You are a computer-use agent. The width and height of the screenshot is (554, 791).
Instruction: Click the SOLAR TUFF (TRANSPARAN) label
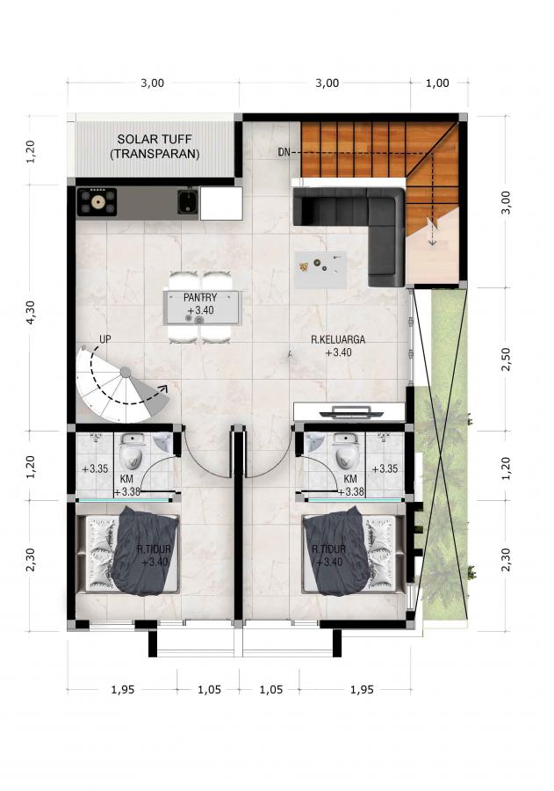point(155,146)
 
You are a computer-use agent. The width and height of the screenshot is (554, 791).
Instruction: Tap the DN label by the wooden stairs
point(284,152)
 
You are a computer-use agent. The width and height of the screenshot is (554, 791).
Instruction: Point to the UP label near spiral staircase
point(104,339)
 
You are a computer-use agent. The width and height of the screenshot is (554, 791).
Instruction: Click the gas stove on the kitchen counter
point(97,202)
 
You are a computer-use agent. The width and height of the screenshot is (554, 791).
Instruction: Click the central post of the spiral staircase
point(126,373)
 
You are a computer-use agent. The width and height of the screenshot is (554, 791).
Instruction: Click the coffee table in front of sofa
point(321,270)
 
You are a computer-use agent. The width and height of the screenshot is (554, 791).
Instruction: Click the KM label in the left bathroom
point(126,479)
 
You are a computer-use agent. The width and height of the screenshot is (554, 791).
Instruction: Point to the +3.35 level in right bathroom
point(385,468)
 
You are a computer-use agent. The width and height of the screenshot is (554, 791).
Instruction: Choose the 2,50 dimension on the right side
point(506,359)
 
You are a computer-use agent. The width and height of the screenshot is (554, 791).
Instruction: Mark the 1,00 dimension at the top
point(437,83)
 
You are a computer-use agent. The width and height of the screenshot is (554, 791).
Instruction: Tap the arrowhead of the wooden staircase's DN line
point(432,243)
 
